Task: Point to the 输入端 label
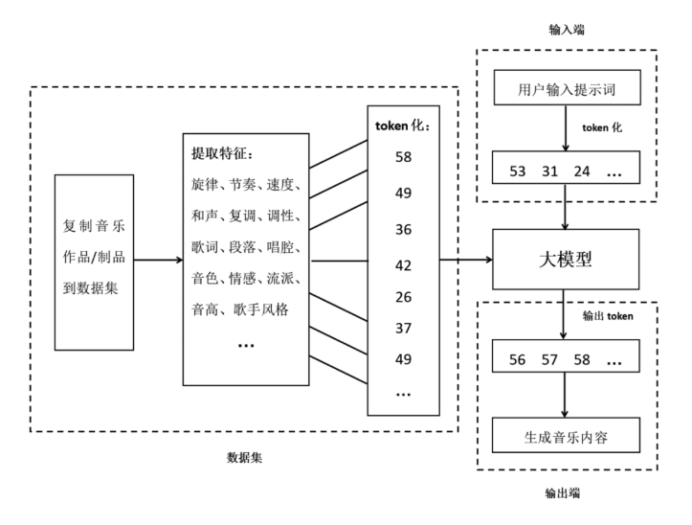566,30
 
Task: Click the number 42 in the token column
403,265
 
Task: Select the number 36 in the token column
403,231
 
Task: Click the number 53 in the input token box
519,172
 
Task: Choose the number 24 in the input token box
582,172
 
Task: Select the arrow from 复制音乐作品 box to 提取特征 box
153,259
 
